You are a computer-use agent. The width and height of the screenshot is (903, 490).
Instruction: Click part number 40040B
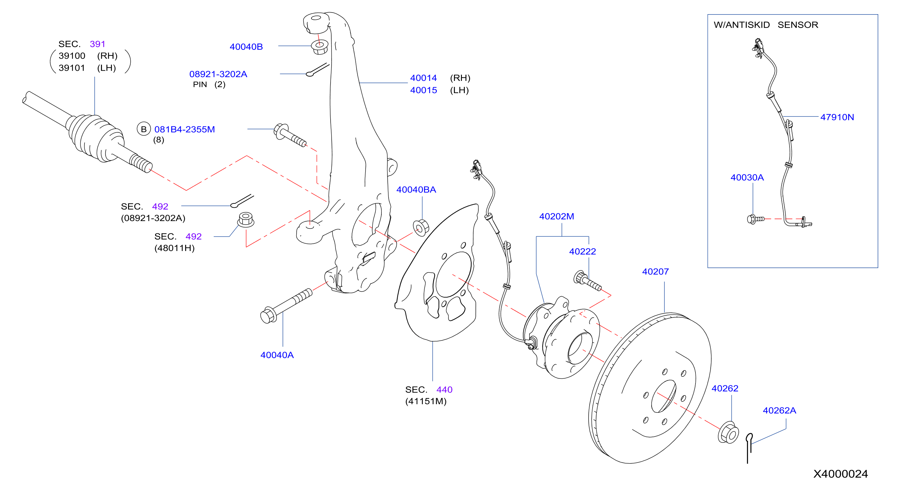[x=246, y=47]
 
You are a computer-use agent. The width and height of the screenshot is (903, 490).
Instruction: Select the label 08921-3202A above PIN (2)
[x=218, y=74]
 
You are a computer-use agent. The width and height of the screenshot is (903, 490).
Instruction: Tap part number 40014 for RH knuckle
[x=424, y=78]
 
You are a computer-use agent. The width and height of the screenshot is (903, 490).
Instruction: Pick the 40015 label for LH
[x=424, y=90]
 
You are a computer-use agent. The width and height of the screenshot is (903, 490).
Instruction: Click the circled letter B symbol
[x=144, y=129]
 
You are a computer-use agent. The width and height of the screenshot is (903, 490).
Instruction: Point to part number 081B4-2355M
[x=184, y=129]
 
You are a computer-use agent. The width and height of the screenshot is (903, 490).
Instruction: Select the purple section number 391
[x=97, y=44]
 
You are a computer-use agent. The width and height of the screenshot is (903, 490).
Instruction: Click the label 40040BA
[x=416, y=190]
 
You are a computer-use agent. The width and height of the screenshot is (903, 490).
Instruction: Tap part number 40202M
[x=556, y=216]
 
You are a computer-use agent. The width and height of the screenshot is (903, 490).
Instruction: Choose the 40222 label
[x=582, y=252]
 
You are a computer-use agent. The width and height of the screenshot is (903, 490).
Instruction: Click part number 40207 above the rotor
[x=655, y=271]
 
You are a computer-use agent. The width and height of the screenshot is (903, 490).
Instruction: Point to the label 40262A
[x=779, y=410]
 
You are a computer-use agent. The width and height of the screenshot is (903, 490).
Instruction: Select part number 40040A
[x=277, y=355]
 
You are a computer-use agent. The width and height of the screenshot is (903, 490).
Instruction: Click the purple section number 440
[x=444, y=390]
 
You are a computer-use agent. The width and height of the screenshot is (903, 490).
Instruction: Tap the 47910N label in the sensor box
[x=837, y=117]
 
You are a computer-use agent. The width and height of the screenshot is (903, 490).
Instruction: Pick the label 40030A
[x=747, y=178]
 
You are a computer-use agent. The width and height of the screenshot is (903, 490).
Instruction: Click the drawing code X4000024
[x=840, y=474]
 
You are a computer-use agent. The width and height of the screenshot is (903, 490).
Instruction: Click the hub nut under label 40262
[x=728, y=433]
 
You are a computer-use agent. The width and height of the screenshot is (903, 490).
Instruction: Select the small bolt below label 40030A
[x=755, y=219]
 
